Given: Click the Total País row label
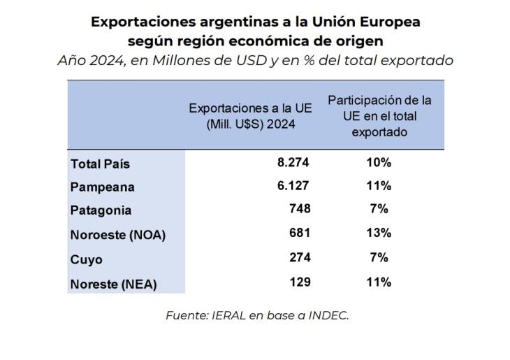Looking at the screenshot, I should click(101, 164).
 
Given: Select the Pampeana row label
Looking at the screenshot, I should click(103, 187).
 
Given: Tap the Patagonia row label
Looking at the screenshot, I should click(101, 210).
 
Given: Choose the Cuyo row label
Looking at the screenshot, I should click(87, 259).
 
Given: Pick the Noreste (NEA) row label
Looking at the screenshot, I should click(114, 284).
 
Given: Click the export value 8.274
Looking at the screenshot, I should click(293, 162).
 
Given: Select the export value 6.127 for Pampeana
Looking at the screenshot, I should click(293, 186).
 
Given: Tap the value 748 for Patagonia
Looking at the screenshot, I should click(299, 209).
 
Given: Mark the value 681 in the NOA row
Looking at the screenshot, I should click(299, 233).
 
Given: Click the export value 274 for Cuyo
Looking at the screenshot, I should click(299, 258).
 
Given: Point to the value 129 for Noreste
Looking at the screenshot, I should click(299, 282).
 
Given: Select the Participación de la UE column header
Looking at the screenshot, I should click(380, 116).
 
